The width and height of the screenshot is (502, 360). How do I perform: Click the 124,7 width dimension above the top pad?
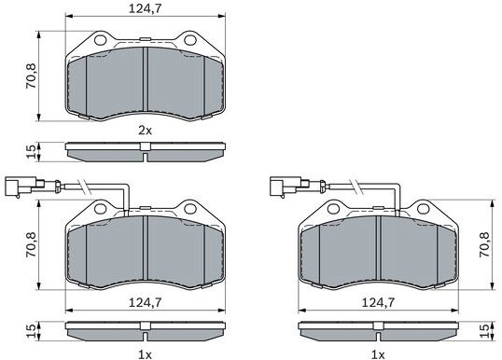pos(146,10)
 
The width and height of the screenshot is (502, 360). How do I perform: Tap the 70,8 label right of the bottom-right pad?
pos(483,245)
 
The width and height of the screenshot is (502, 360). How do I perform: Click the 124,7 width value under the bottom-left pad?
pos(146,301)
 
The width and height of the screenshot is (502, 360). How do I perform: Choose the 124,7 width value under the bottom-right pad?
pos(377,301)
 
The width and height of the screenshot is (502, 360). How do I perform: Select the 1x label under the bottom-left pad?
pos(146,353)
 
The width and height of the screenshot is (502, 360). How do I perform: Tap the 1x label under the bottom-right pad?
pos(377,353)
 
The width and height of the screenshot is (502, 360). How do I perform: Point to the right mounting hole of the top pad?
pos(190,41)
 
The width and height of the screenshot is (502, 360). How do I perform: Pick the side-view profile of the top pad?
pos(146,146)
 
